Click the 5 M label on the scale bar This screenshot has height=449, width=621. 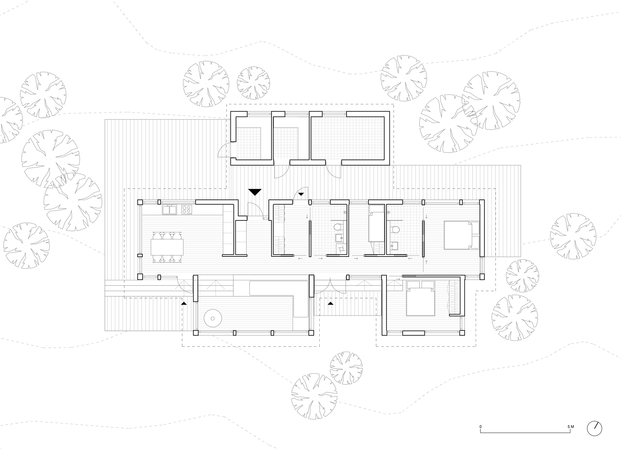point(571,427)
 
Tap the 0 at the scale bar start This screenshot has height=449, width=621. point(481,427)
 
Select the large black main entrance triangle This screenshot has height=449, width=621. point(255,192)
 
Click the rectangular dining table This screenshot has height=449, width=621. point(167,247)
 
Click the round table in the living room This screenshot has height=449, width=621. point(213,318)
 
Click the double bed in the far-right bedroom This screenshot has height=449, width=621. point(461,235)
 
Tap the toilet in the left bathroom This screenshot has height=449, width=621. point(338,227)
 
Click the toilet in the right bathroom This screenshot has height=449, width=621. point(395,229)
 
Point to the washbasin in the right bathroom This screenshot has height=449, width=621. point(394,245)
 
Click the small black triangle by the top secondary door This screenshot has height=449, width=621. point(301,194)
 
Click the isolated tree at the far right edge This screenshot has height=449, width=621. point(573,236)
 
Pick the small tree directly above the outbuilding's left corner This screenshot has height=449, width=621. point(253,83)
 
